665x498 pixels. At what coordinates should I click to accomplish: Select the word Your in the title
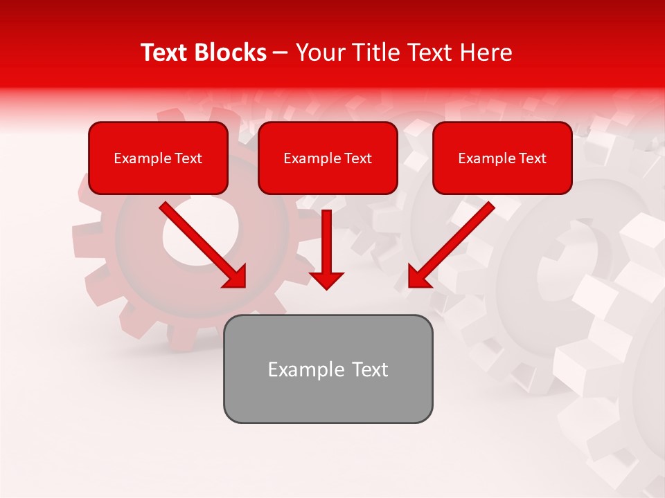(x=321, y=53)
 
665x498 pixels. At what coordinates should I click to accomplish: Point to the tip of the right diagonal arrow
(x=411, y=285)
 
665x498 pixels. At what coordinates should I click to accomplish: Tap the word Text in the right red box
(x=532, y=158)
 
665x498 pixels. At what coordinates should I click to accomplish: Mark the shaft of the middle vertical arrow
(x=326, y=239)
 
